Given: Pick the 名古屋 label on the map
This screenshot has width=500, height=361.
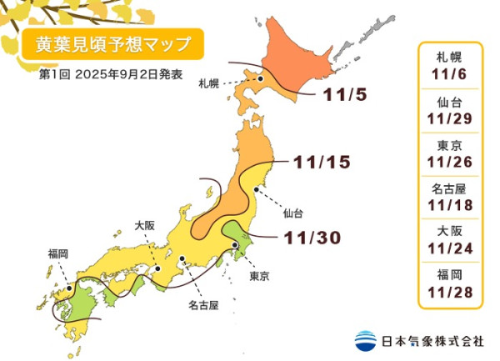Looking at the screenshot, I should click(x=202, y=306).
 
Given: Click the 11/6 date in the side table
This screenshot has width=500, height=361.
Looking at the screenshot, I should click(x=449, y=73).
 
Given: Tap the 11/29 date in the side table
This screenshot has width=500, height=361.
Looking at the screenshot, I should click(x=449, y=118).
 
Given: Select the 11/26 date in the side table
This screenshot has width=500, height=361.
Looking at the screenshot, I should click(x=449, y=163).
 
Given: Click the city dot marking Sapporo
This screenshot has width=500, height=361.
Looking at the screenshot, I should click(x=261, y=79).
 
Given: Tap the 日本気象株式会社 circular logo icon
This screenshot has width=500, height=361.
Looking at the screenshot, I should click(x=365, y=341).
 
